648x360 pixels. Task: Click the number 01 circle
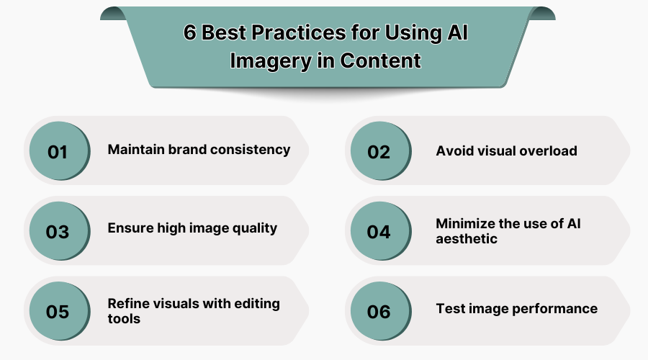click(58, 152)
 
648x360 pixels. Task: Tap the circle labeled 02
click(379, 152)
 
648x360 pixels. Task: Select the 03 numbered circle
click(58, 232)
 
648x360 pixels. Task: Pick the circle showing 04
click(379, 232)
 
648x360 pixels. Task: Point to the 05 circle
click(58, 312)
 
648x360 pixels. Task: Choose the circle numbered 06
click(379, 312)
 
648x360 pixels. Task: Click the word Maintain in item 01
click(137, 150)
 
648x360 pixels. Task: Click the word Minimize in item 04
click(466, 223)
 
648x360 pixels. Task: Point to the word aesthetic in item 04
click(467, 238)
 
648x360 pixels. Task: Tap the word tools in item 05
click(125, 318)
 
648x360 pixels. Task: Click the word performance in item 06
click(556, 309)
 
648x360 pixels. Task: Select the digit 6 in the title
click(190, 34)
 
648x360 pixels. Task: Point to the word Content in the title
click(381, 60)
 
